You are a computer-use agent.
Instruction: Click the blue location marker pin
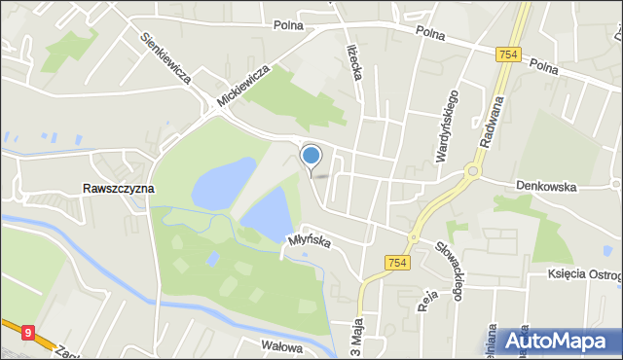tap(311, 156)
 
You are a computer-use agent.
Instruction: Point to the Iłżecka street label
tap(354, 62)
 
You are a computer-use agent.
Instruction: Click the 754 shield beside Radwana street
tap(507, 55)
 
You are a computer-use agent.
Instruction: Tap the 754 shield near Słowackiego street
tap(398, 262)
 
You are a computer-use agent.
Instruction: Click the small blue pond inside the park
tap(212, 259)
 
